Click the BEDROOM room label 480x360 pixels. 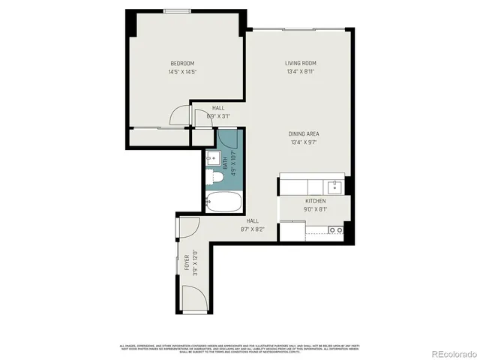point(182,63)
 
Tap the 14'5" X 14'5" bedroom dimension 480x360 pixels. point(182,72)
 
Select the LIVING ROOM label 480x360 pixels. point(300,63)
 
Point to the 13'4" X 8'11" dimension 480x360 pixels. point(300,72)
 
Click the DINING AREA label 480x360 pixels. point(304,133)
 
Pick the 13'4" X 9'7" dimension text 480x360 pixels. point(304,142)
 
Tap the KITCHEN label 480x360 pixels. point(315,202)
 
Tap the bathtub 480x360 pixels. point(223,202)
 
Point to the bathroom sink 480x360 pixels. point(211,158)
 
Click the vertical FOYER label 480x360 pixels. point(187,262)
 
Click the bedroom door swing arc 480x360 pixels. point(180,115)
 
